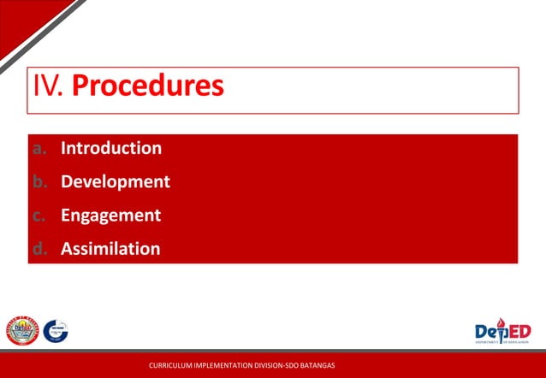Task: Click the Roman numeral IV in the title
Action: point(48,86)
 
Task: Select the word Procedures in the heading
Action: point(148,86)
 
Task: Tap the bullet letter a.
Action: point(39,148)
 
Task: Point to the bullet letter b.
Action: point(39,181)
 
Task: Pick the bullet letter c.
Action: point(39,216)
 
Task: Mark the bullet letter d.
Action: point(39,249)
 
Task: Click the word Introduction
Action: point(110,148)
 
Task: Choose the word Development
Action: point(115,181)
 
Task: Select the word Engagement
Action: point(110,216)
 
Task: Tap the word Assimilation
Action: point(110,249)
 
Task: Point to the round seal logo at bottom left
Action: point(22,330)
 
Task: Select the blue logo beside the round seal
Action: point(56,330)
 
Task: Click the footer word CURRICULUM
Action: point(170,366)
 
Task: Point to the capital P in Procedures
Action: point(82,86)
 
